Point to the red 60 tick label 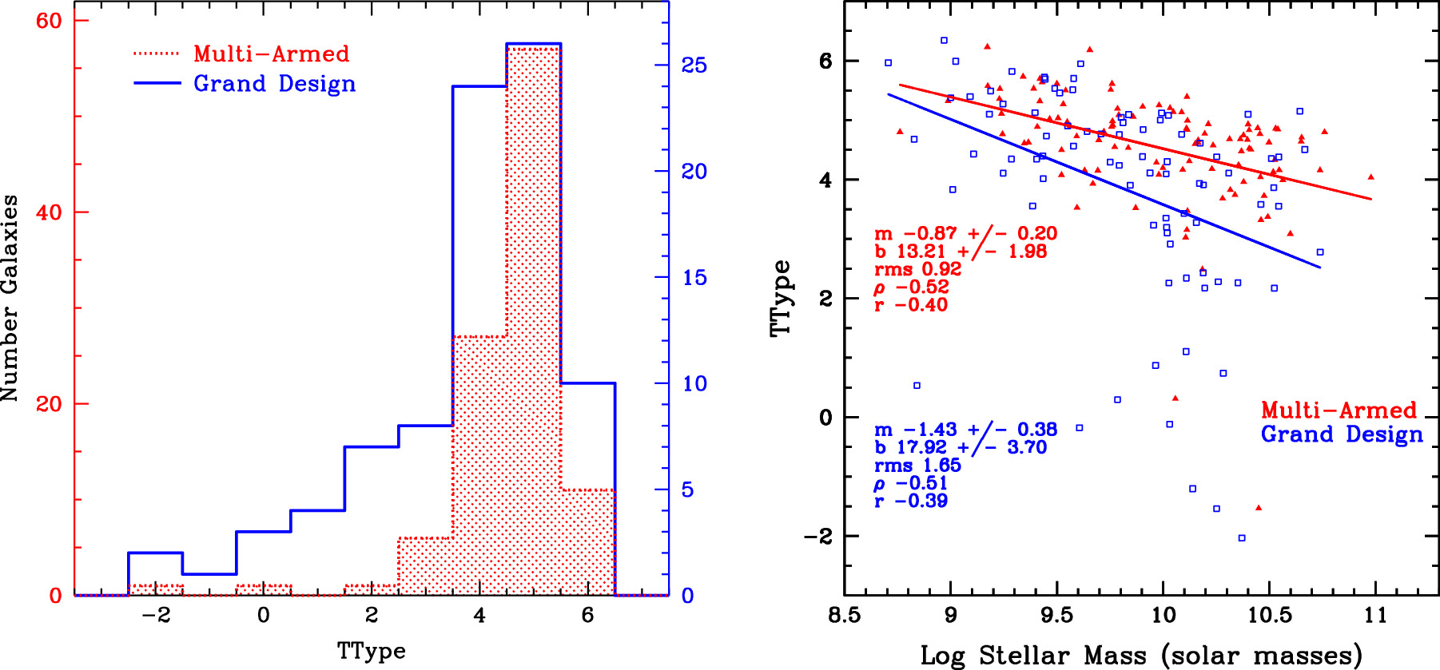49,21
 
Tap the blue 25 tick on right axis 694,65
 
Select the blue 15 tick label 694,278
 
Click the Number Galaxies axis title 10,298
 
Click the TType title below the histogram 371,651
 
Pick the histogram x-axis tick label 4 479,616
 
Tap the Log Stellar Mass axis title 1141,656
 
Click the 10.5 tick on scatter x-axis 1269,616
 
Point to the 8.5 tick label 845,616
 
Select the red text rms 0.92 917,269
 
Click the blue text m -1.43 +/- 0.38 965,430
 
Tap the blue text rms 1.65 917,466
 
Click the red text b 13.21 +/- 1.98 960,252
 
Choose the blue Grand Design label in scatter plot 1342,434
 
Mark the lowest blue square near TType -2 1242,537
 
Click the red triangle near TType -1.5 1259,508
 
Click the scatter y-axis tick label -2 817,537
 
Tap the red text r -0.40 911,305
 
